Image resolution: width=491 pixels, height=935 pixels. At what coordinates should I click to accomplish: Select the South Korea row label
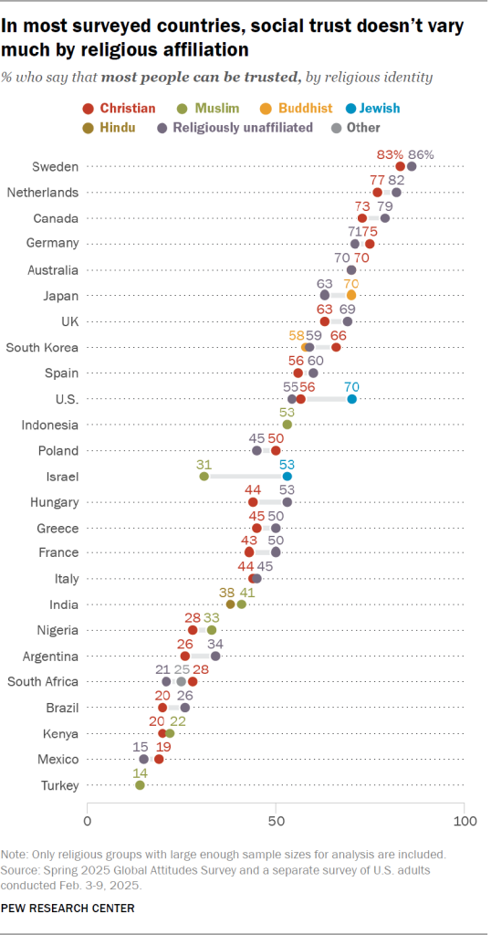tap(43, 347)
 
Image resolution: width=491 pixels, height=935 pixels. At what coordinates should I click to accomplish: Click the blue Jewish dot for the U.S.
tap(351, 399)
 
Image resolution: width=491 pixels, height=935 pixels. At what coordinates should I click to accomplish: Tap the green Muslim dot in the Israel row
tap(204, 476)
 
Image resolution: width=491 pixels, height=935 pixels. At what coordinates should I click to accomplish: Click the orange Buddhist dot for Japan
tap(351, 295)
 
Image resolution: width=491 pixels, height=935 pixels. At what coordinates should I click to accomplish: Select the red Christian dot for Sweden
tap(401, 166)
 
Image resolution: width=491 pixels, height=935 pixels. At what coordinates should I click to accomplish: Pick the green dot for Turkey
tap(140, 785)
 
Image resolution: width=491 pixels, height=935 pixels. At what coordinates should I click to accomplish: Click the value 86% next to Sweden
tap(421, 153)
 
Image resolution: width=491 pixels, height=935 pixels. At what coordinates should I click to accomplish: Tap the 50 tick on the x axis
tap(276, 820)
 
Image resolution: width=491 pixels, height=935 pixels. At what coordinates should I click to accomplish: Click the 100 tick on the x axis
tap(464, 820)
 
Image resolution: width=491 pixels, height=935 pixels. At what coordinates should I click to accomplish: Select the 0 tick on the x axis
tap(88, 820)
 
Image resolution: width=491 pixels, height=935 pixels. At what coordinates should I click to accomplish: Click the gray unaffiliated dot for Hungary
tap(287, 501)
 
